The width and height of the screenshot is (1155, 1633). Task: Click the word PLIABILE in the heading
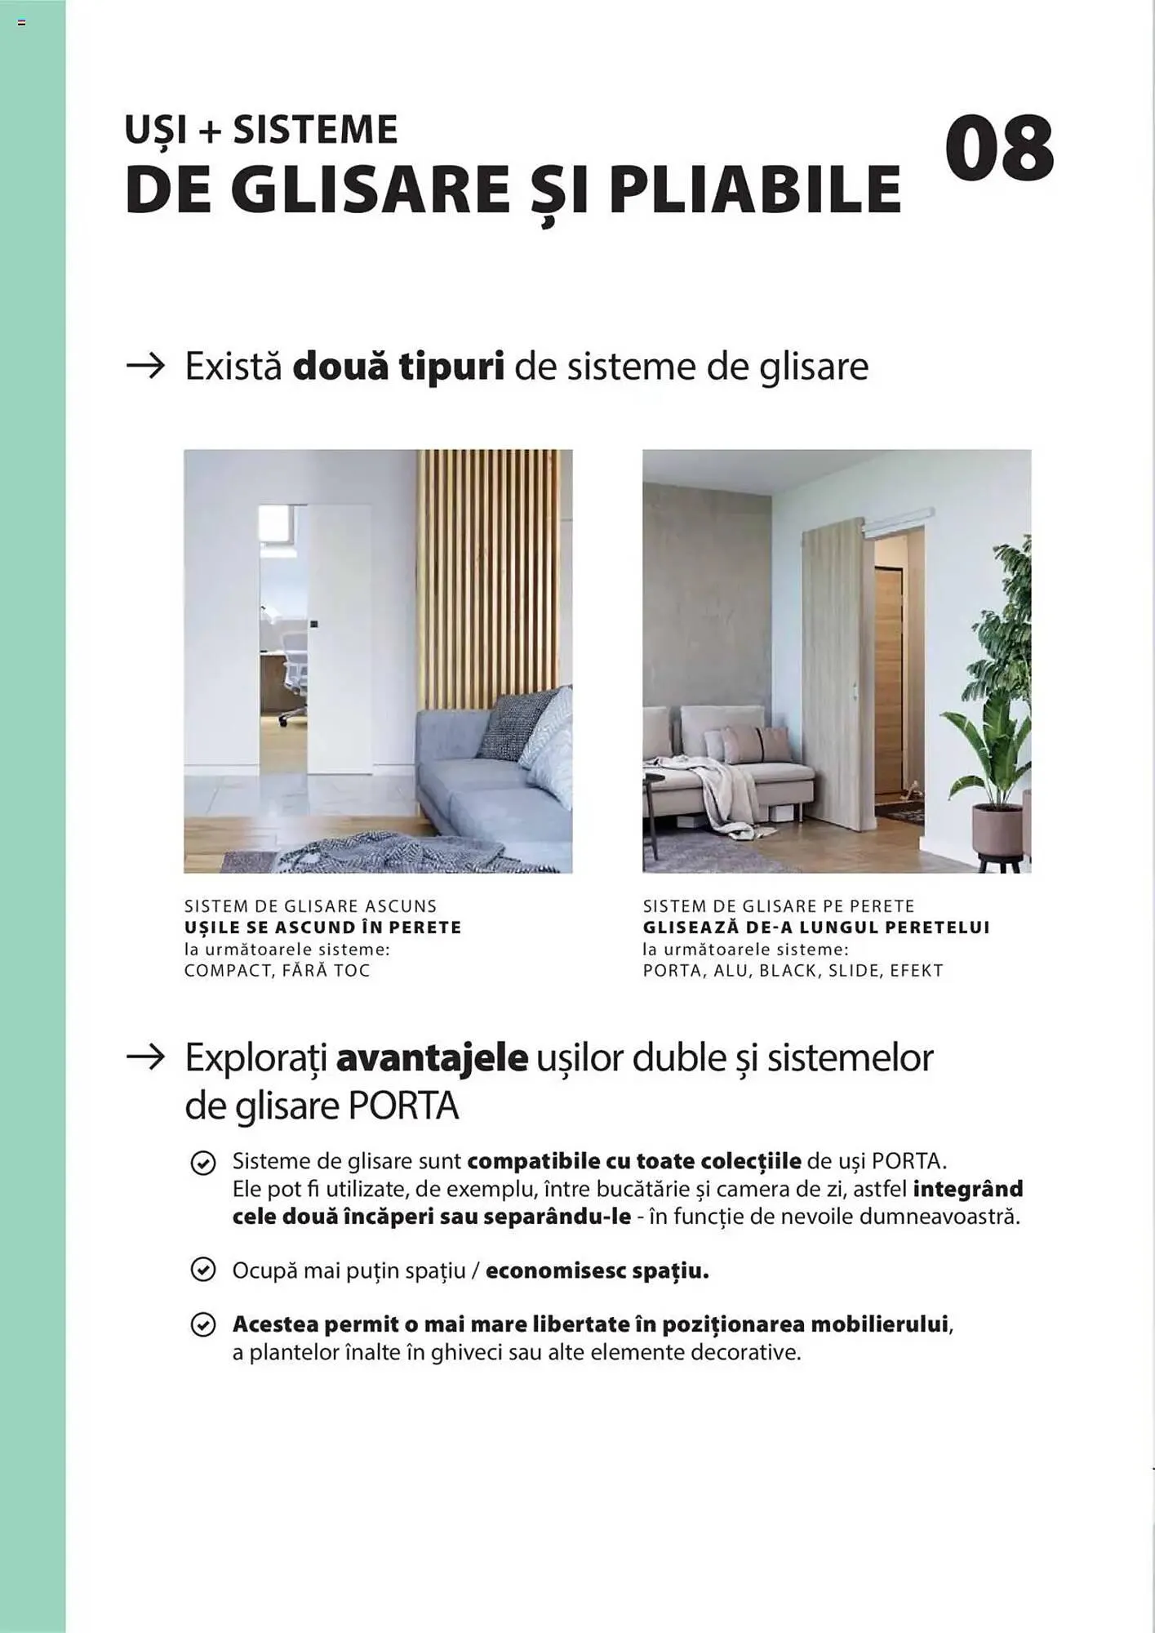[754, 190]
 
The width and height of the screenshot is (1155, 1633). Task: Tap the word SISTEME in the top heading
[315, 131]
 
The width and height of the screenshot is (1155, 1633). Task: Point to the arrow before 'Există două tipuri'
[146, 366]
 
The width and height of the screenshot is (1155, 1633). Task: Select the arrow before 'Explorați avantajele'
[146, 1058]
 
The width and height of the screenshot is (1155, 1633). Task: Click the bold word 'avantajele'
[432, 1058]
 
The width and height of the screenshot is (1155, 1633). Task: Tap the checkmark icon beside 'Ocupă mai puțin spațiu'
[202, 1270]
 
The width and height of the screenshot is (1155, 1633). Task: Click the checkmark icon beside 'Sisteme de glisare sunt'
[202, 1162]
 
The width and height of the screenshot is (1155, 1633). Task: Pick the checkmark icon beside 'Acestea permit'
[202, 1324]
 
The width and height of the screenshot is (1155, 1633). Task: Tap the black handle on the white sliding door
[314, 625]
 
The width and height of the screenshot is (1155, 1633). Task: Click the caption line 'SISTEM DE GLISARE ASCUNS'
[310, 906]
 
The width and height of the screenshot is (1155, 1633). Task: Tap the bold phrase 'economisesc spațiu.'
[597, 1270]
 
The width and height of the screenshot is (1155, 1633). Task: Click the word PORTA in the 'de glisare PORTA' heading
[403, 1106]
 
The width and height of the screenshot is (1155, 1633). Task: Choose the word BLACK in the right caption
[788, 971]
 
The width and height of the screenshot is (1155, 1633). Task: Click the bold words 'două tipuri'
[398, 366]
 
